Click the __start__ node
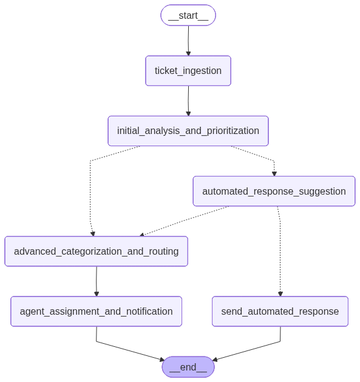point(188,15)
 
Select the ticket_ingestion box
point(188,71)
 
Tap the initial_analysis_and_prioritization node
point(188,131)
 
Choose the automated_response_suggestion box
point(274,191)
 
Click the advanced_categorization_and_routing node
point(96,251)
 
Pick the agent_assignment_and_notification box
point(96,311)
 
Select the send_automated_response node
point(280,311)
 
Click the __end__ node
point(188,367)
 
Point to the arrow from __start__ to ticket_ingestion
point(188,39)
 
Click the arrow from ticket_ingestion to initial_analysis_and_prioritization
point(188,99)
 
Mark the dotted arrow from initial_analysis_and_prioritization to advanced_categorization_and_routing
point(90,194)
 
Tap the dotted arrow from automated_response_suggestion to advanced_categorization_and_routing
point(182,221)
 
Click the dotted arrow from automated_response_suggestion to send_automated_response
point(280,255)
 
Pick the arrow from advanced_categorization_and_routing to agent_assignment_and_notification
point(96,280)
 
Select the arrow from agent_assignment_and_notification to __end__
point(131,351)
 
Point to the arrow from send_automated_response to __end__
point(246,351)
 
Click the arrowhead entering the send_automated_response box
point(280,294)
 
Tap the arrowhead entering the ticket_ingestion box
point(188,53)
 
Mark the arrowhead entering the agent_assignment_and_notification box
point(97,294)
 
